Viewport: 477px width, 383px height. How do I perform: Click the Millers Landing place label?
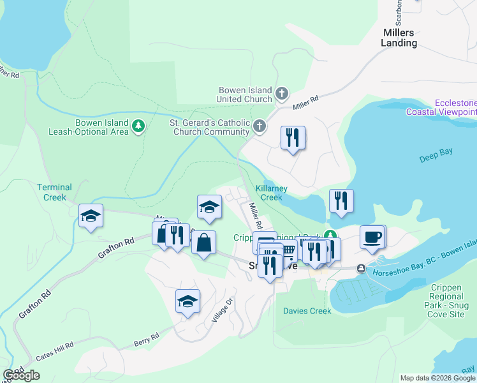click(x=399, y=38)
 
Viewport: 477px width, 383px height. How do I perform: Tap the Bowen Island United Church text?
click(x=244, y=95)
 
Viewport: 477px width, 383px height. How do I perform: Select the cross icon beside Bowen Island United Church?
click(x=281, y=95)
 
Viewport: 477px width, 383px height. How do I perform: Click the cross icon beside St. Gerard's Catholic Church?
click(x=259, y=126)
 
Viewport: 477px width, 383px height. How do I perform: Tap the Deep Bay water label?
click(x=436, y=158)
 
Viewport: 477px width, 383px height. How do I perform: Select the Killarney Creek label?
click(x=272, y=193)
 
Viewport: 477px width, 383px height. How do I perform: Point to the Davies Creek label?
click(x=307, y=311)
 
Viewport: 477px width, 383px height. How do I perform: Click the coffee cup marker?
click(x=372, y=236)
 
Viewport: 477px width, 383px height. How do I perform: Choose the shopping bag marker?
click(x=203, y=243)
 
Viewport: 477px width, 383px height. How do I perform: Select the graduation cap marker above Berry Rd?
click(x=187, y=301)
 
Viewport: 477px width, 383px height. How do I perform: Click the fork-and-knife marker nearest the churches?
click(x=293, y=137)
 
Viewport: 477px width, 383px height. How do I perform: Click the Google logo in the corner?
click(x=21, y=375)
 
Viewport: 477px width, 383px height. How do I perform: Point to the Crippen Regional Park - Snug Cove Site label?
click(x=446, y=296)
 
